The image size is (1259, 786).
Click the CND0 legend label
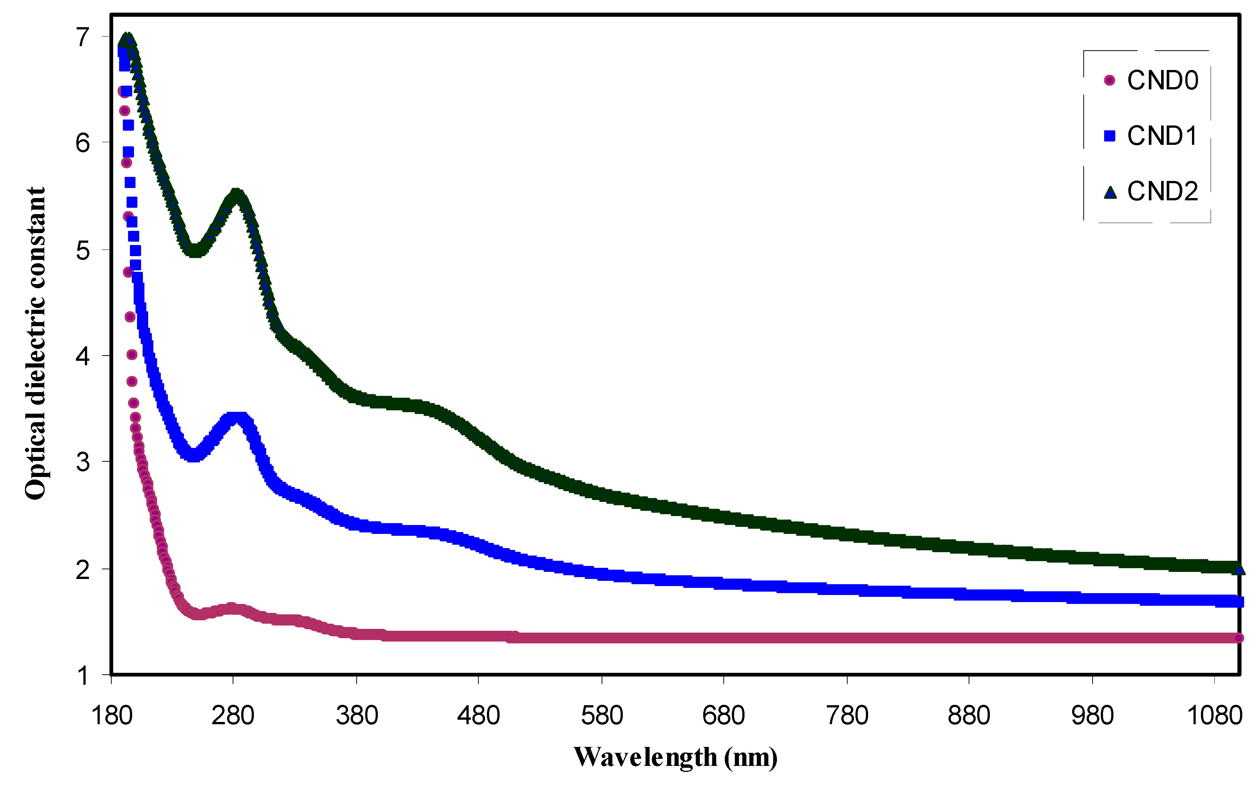point(1162,80)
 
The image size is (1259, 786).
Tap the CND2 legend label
point(1162,191)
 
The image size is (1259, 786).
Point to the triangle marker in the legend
point(1110,193)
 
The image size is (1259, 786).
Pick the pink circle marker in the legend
point(1109,80)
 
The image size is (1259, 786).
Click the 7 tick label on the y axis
point(83,38)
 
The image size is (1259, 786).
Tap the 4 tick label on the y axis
point(83,356)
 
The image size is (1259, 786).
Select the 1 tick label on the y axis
point(83,676)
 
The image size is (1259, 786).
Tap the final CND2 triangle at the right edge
point(1239,569)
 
